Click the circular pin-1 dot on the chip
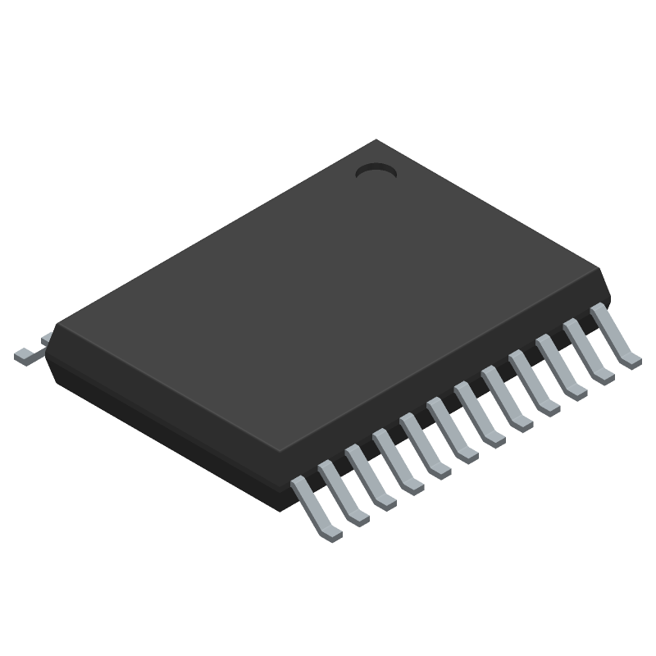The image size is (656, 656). point(376,171)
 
